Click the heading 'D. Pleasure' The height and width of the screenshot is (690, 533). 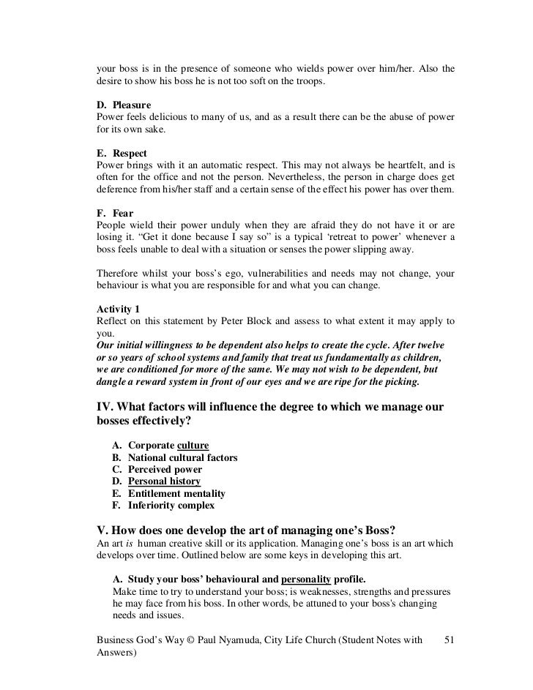click(124, 105)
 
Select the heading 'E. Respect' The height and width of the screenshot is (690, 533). click(122, 153)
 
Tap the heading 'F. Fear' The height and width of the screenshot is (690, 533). click(115, 213)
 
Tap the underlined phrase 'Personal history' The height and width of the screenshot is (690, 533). click(164, 481)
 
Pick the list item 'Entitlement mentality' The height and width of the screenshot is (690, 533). click(176, 493)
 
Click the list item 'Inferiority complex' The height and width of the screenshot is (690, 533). click(171, 505)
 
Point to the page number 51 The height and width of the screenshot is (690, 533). click(450, 641)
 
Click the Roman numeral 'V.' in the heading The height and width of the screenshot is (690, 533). click(103, 529)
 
